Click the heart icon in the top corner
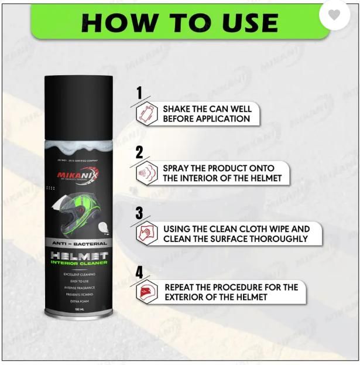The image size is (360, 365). [x=334, y=15]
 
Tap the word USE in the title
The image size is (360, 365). [x=245, y=23]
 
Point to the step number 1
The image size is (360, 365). [x=139, y=93]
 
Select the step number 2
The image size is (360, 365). [x=139, y=153]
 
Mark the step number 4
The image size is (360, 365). [x=139, y=272]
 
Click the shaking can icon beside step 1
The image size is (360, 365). [x=146, y=114]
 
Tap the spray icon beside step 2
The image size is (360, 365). [x=146, y=173]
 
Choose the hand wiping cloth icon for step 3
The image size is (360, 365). [x=146, y=234]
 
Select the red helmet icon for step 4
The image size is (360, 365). [x=146, y=292]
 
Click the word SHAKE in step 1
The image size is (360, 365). [x=177, y=109]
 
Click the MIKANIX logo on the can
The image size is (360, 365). [x=76, y=175]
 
